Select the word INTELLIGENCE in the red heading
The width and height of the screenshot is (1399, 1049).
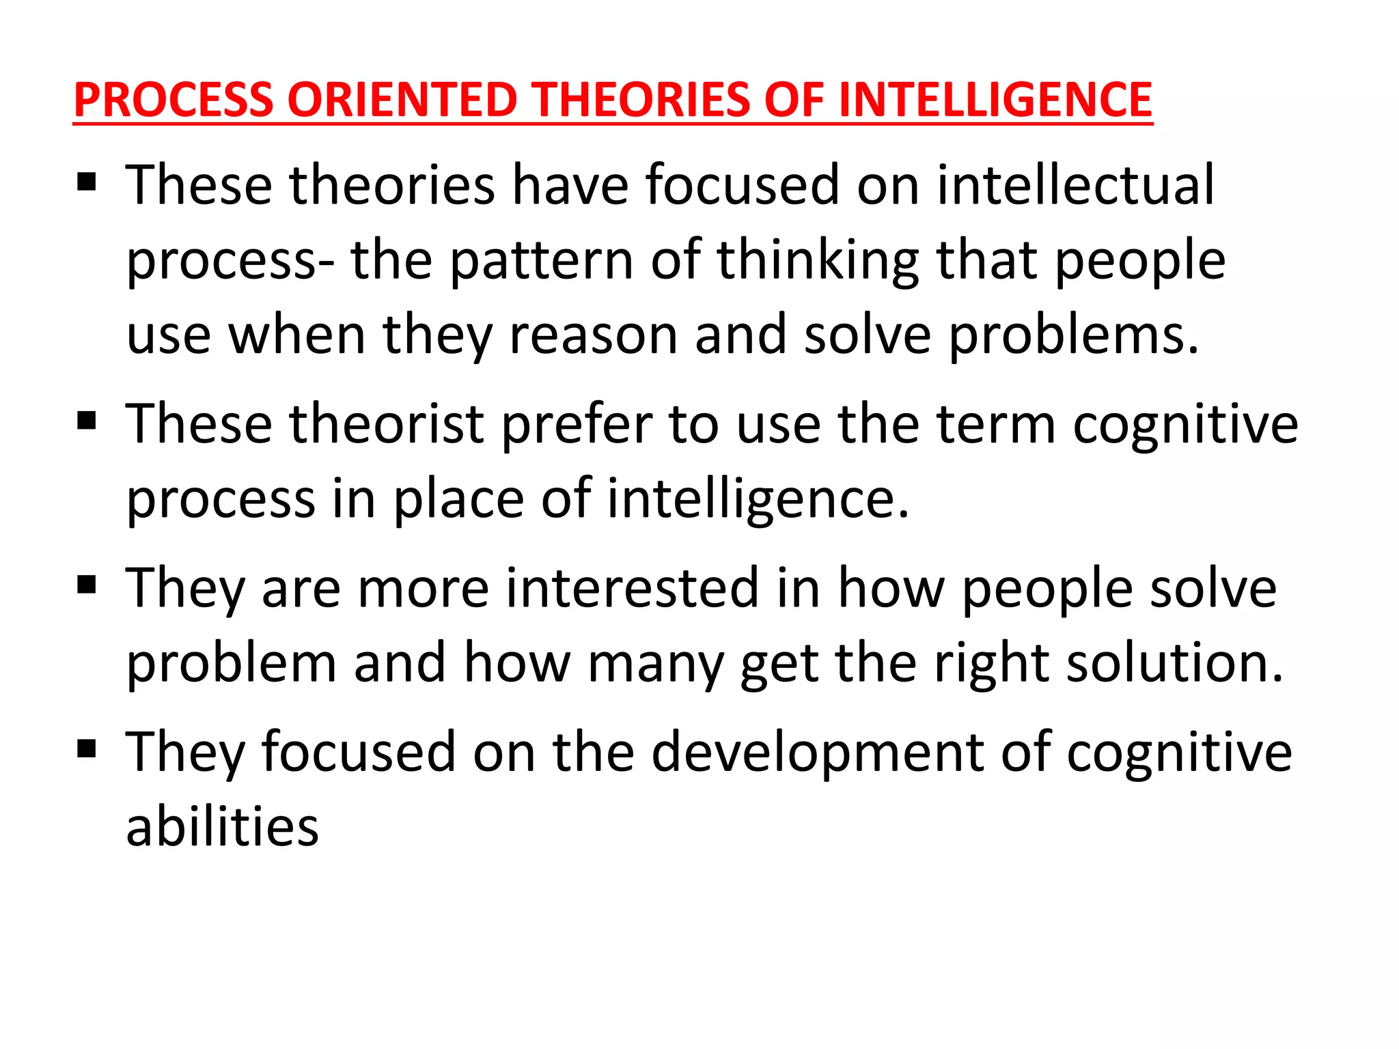click(995, 100)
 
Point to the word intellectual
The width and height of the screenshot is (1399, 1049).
click(1075, 185)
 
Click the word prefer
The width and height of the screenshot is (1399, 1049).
click(577, 424)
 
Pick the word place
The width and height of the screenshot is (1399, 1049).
click(459, 499)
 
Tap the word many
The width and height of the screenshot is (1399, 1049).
click(655, 663)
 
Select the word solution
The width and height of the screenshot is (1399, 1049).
click(1174, 663)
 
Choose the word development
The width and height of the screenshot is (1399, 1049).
click(817, 752)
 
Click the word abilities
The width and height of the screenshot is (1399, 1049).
click(223, 827)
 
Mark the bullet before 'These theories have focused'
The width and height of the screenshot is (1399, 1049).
click(87, 182)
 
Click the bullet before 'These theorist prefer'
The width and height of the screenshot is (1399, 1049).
click(87, 421)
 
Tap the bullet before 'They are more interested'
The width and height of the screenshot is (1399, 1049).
click(87, 585)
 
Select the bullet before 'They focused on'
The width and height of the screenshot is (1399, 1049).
click(87, 749)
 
